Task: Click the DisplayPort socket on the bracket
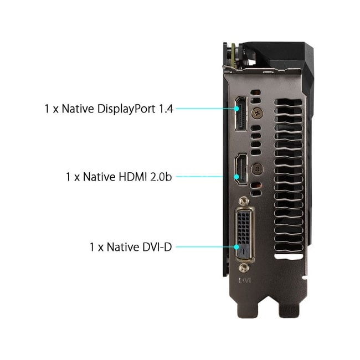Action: point(241,114)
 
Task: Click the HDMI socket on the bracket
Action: point(241,169)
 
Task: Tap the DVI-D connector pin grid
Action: point(243,228)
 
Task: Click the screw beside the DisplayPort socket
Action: point(257,113)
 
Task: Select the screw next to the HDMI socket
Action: point(257,169)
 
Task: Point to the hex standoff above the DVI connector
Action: point(244,202)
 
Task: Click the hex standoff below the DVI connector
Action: point(244,268)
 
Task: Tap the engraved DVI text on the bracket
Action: point(245,280)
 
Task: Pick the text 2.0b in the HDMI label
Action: point(161,177)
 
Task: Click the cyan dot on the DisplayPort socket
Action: point(236,109)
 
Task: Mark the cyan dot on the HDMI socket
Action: point(236,177)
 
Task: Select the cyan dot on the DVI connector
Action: point(236,247)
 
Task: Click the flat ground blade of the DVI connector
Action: point(243,251)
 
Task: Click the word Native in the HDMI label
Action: point(99,177)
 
